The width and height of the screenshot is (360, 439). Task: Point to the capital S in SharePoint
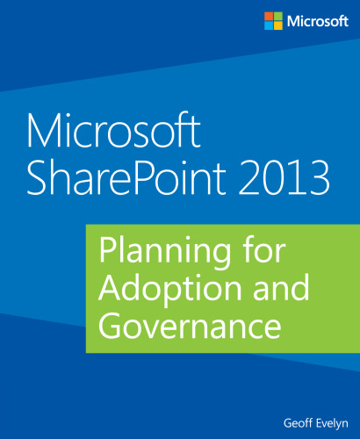[40, 178]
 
